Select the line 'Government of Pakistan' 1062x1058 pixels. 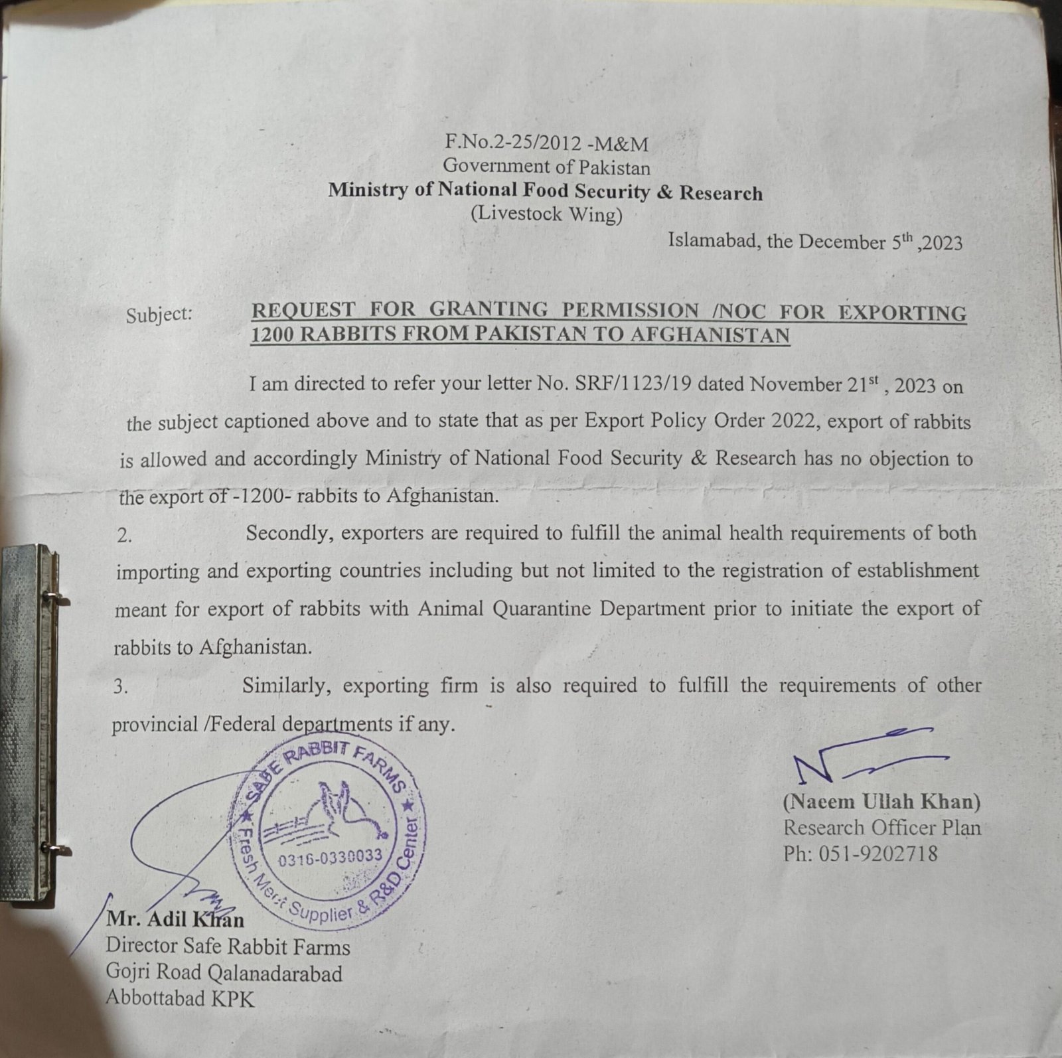point(546,167)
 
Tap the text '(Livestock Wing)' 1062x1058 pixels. point(546,214)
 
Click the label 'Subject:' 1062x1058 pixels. point(159,314)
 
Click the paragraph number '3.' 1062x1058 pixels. point(120,687)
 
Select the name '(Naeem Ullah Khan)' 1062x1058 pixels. point(881,802)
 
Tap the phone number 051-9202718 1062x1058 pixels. point(879,853)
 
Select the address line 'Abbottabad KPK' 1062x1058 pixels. point(180,999)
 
